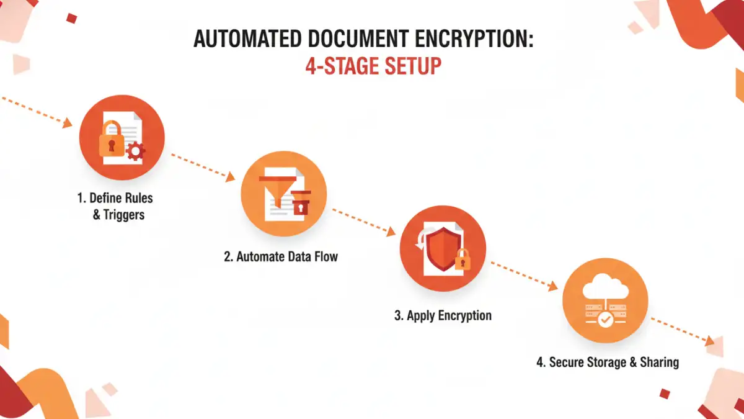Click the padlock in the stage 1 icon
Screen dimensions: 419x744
112,142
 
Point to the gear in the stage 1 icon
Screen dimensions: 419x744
136,151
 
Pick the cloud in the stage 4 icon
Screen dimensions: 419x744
604,287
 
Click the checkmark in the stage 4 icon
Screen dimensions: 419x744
605,320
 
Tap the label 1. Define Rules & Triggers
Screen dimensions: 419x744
115,207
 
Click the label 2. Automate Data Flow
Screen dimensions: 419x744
281,256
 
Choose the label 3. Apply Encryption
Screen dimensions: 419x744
443,315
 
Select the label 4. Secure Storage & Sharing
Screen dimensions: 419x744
608,363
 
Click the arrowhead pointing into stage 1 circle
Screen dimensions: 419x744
67,122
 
